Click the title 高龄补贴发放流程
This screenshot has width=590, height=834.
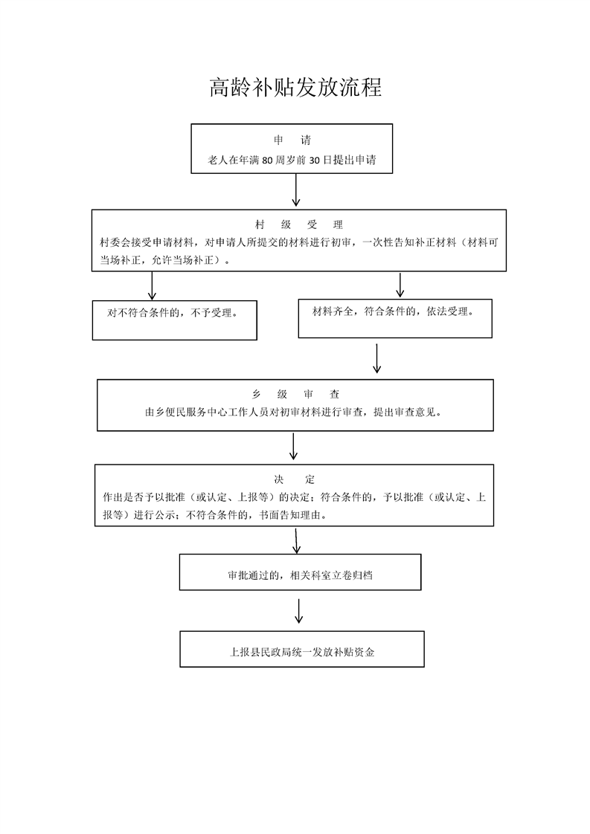295,88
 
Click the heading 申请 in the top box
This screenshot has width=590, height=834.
292,140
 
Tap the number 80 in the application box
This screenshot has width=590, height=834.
267,160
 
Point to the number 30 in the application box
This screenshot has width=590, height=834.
314,160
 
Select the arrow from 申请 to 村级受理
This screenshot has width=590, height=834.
295,190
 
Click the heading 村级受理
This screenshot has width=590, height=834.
299,224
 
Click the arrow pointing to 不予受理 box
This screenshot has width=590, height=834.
152,285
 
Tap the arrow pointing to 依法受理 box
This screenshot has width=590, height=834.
400,285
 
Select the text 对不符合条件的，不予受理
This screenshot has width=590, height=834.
172,313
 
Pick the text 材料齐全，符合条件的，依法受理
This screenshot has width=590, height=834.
393,311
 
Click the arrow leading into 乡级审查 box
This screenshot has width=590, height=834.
377,358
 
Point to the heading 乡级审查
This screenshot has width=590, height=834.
295,394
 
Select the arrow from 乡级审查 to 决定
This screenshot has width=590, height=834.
293,446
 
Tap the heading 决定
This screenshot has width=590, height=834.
295,479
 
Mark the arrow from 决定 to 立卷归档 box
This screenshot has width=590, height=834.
297,540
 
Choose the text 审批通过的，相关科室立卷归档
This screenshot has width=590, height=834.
300,575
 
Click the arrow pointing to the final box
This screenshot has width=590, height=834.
299,610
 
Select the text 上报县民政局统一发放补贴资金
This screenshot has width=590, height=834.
301,652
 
